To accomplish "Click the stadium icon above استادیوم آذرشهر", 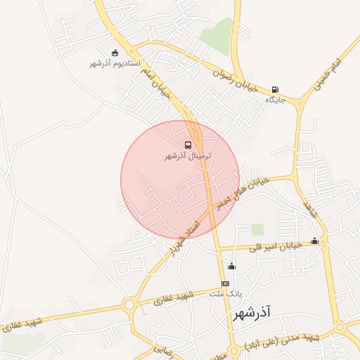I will (115, 53).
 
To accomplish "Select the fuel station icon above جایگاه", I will (274, 90).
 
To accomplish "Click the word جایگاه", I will (275, 101).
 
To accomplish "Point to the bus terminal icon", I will (188, 145).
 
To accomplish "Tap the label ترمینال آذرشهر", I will (188, 155).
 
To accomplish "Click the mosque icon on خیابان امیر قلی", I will (314, 242).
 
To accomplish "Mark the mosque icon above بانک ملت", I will (231, 266).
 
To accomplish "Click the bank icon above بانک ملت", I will (225, 283).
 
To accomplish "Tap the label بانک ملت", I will (227, 292).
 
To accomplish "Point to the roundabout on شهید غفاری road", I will (129, 305).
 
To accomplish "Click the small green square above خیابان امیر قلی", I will (257, 229).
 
